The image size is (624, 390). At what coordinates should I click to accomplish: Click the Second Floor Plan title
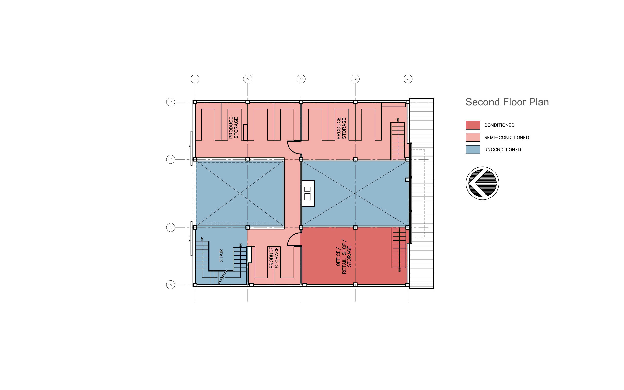click(507, 102)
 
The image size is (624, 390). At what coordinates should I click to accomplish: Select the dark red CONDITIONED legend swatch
click(473, 125)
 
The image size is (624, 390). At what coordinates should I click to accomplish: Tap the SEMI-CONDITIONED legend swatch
click(473, 137)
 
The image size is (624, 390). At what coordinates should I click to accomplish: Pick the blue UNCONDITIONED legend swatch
click(473, 149)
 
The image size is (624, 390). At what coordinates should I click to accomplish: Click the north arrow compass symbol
click(482, 183)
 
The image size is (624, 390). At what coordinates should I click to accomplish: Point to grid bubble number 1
click(195, 79)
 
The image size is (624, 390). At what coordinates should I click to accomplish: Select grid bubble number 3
click(301, 79)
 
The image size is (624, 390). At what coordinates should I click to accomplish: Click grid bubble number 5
click(408, 79)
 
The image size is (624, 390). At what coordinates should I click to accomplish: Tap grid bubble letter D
click(171, 102)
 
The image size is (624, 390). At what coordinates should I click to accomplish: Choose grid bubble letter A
click(171, 285)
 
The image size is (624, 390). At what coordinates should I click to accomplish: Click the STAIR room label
click(221, 256)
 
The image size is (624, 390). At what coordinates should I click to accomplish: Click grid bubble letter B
click(171, 228)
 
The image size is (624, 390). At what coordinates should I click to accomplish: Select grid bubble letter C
click(171, 160)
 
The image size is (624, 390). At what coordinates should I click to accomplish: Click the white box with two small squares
click(308, 193)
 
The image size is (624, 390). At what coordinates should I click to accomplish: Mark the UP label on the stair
click(202, 239)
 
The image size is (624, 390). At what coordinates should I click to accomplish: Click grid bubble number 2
click(248, 79)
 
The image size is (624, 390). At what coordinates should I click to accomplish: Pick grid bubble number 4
click(355, 79)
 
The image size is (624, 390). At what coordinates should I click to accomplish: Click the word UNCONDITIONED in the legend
click(502, 149)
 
